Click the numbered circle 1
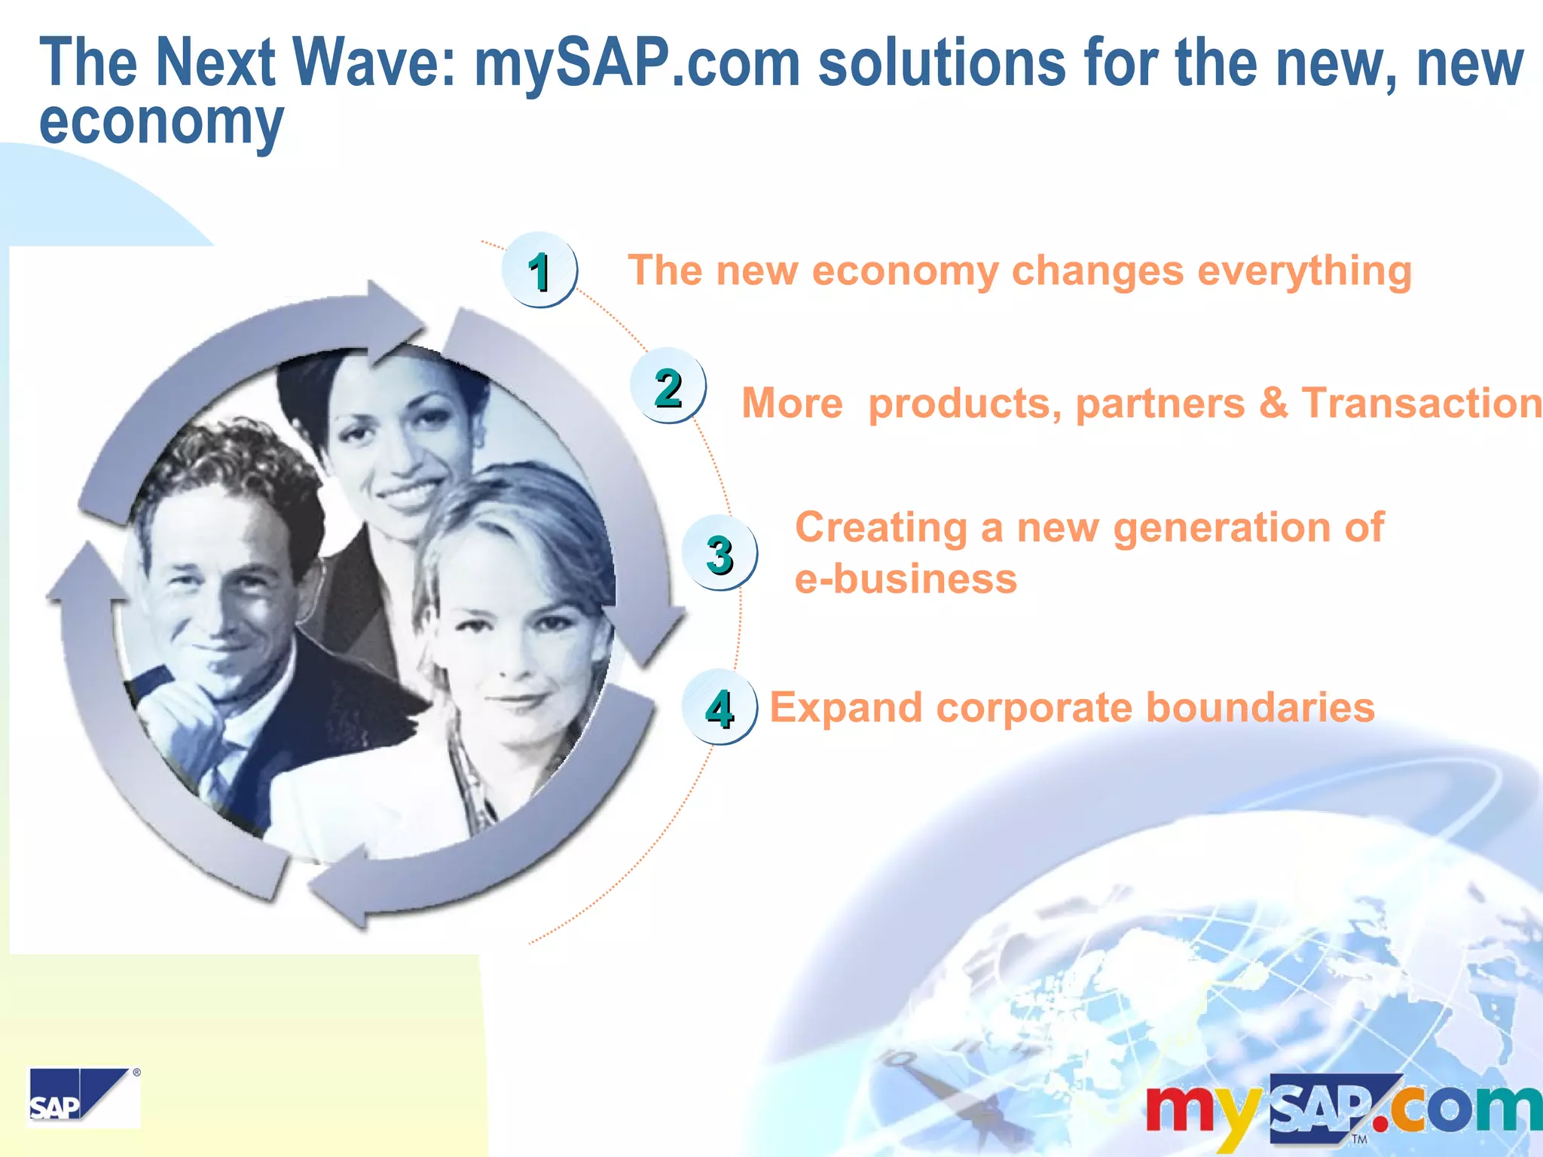539,270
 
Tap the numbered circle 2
668,386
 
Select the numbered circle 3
719,554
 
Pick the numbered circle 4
719,708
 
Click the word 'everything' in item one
1304,271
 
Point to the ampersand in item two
1273,402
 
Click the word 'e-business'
906,579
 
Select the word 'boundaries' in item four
1260,708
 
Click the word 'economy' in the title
161,122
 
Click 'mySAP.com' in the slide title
637,64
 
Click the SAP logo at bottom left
83,1097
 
